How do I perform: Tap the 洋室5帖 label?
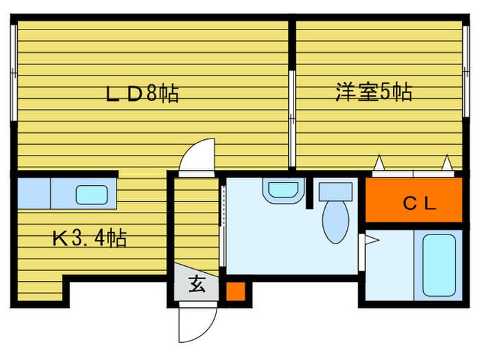374,93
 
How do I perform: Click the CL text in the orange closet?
420,202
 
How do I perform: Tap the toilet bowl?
335,221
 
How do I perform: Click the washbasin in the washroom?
283,189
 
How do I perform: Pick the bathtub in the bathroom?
437,265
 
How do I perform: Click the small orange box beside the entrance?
235,290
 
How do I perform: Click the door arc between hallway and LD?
200,156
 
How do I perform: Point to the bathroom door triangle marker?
370,239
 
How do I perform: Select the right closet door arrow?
448,163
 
